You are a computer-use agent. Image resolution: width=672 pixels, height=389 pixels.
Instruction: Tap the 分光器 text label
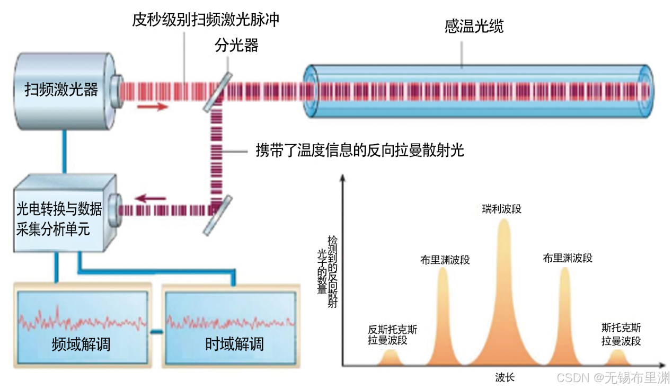point(236,46)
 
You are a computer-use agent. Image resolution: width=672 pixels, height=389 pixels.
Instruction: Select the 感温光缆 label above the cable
point(473,27)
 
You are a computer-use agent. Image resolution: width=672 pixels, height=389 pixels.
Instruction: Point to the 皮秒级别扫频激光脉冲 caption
point(206,20)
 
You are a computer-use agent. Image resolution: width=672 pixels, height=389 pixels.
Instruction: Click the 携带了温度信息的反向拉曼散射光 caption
point(359,151)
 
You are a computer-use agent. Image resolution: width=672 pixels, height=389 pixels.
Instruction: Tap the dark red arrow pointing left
point(151,198)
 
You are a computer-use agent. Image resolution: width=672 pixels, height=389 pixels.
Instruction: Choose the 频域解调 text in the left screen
point(81,344)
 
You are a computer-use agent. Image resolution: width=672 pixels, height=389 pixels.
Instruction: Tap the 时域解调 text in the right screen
point(234,344)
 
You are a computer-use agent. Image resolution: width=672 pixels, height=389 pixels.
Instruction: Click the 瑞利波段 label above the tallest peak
point(501,209)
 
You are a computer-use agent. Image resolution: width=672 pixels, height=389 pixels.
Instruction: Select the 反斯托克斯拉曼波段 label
point(392,335)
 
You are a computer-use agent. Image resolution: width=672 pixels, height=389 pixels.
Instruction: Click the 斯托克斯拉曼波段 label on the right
point(621,334)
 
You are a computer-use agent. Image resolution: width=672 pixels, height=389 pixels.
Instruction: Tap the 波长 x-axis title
point(505,377)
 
